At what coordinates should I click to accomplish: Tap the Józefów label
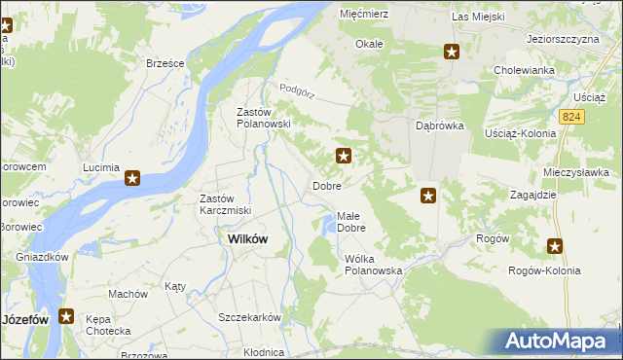[25, 318]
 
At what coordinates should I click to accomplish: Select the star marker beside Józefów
[66, 316]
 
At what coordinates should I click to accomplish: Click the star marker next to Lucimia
[132, 178]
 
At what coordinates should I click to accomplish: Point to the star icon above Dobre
[344, 155]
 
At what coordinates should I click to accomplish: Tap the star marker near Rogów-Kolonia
[555, 246]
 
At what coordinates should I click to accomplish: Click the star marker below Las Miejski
[452, 51]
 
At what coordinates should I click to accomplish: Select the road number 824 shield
[571, 116]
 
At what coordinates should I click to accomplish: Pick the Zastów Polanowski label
[265, 118]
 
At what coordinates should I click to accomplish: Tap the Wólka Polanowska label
[373, 265]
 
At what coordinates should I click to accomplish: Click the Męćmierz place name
[364, 15]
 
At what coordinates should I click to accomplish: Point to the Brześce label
[165, 62]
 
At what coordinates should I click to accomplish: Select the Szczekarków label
[250, 317]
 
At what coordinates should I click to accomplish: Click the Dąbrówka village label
[441, 126]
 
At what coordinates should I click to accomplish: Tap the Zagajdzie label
[532, 195]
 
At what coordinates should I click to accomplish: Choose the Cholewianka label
[524, 70]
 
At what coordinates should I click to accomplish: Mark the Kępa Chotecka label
[108, 325]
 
